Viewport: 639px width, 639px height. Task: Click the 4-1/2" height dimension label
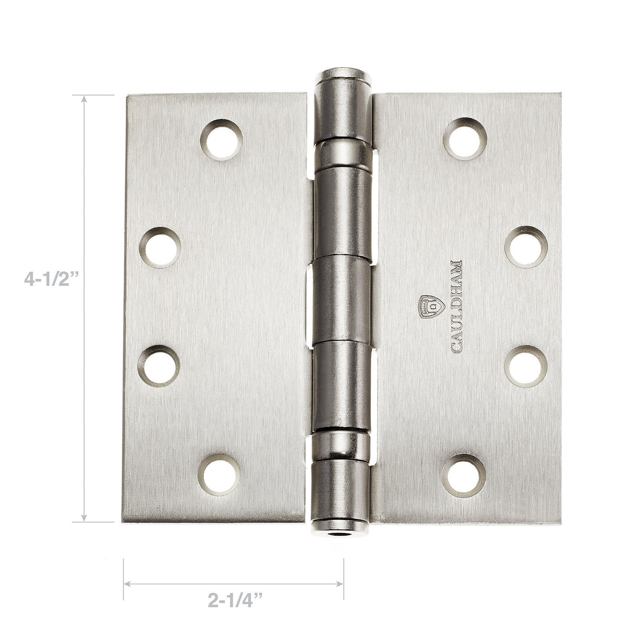pos(50,279)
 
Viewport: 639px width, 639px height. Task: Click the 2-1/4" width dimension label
pos(235,601)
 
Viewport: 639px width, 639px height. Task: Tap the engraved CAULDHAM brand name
pos(456,307)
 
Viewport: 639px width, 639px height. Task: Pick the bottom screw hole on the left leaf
pos(219,474)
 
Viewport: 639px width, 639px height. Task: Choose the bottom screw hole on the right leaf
pos(464,476)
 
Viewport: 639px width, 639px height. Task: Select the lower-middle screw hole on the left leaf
pos(159,366)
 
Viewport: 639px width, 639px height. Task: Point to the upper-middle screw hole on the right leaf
pos(526,247)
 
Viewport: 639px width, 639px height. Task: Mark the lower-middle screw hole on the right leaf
pos(525,367)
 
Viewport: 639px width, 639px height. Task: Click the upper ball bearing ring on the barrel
pos(343,153)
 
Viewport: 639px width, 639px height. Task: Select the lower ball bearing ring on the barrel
pos(341,447)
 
